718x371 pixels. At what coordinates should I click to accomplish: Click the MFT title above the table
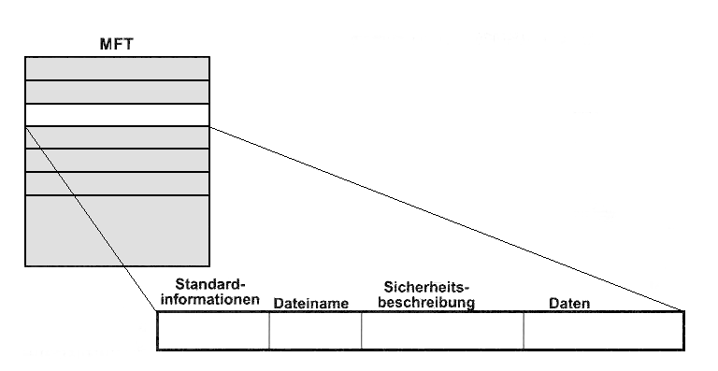[117, 44]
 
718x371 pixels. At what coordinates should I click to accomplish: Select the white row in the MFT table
[117, 115]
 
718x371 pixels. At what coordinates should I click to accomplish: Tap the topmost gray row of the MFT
[117, 68]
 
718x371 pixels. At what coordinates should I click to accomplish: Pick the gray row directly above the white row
[117, 92]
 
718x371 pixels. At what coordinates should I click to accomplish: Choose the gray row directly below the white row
[117, 137]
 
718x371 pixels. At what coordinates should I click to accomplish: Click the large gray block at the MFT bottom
[117, 231]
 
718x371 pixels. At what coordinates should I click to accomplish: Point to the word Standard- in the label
[210, 284]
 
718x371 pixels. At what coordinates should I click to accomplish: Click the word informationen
[210, 299]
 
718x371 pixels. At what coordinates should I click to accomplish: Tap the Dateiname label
[311, 304]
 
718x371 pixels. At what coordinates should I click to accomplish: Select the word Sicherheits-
[426, 287]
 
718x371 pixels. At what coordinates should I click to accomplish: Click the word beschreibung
[426, 303]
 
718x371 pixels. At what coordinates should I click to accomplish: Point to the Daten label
[569, 304]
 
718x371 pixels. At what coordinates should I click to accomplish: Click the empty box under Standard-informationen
[213, 331]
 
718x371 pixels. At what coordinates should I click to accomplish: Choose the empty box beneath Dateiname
[315, 331]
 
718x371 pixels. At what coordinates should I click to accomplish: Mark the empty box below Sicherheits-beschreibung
[442, 331]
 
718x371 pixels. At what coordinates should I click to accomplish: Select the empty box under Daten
[604, 331]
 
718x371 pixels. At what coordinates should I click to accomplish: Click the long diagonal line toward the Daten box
[447, 219]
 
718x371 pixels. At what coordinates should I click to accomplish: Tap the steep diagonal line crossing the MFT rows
[92, 219]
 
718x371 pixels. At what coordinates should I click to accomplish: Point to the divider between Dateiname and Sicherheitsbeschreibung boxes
[361, 331]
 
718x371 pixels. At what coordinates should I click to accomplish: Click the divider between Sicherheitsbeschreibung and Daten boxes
[524, 331]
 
